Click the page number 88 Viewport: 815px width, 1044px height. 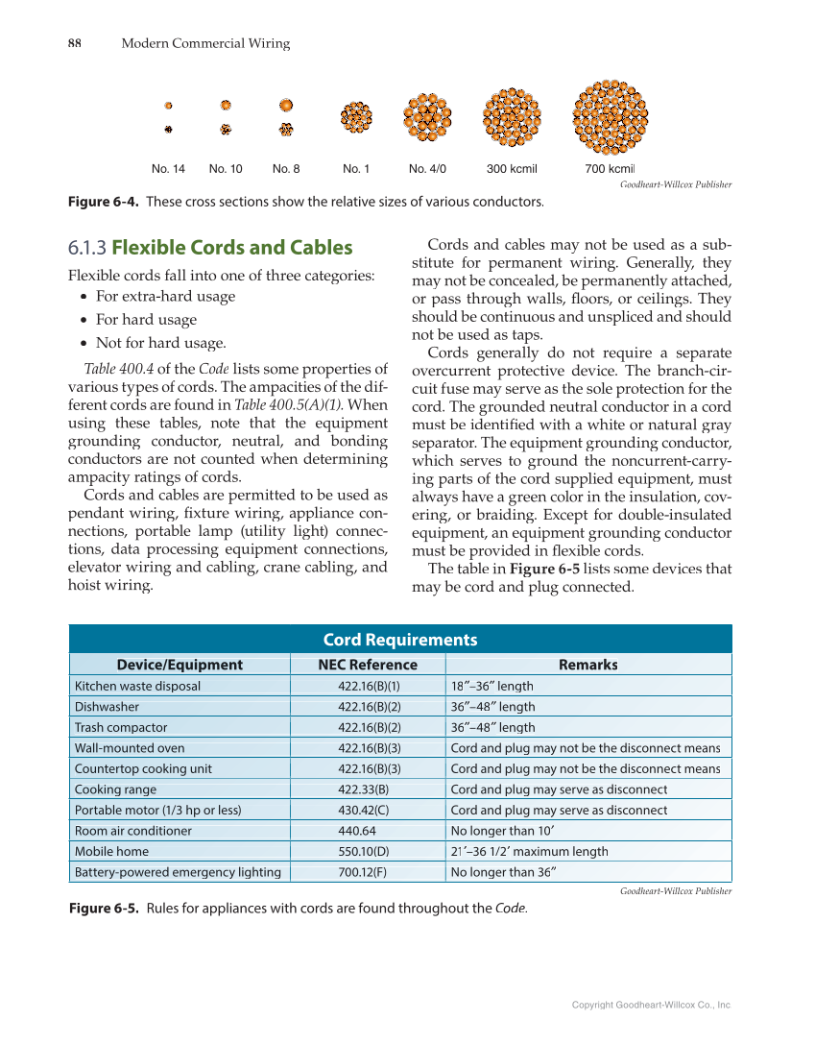(74, 43)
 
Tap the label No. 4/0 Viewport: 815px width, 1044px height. (427, 169)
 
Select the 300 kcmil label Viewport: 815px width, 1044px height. (512, 169)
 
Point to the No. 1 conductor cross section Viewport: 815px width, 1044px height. (356, 118)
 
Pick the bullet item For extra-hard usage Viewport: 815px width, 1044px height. (165, 297)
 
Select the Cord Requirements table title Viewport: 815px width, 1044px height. (399, 640)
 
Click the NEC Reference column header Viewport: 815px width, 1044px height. (368, 665)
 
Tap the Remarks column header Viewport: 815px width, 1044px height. (587, 665)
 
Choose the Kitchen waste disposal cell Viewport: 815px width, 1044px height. (138, 686)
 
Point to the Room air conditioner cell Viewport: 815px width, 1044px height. (133, 831)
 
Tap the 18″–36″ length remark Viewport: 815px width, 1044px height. (492, 686)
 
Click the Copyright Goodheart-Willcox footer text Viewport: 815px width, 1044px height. (652, 1005)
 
